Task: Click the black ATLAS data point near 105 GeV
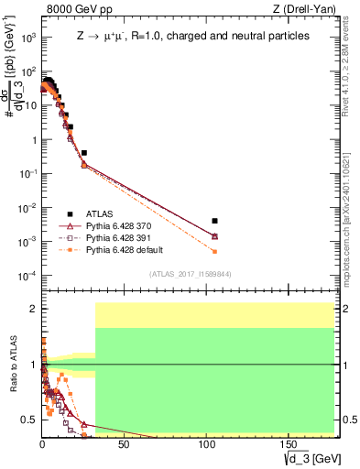click(214, 221)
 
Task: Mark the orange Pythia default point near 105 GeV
click(214, 251)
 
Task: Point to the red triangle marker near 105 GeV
click(214, 236)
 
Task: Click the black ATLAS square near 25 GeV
click(84, 153)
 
